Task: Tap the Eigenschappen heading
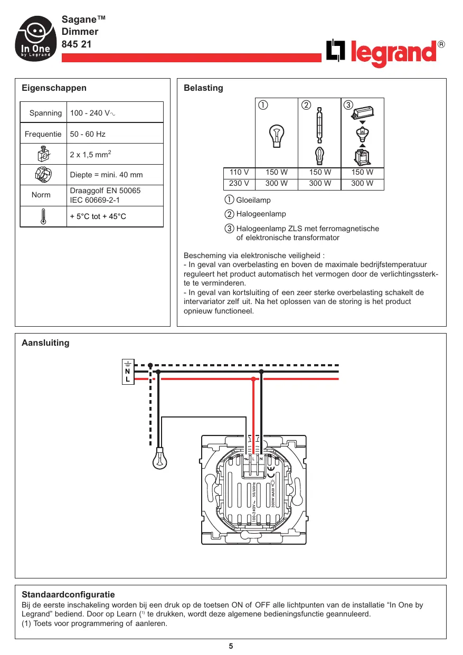pos(54,88)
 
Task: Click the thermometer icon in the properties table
pos(43,217)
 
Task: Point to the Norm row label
pos(41,195)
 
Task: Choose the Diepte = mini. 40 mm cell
pos(106,175)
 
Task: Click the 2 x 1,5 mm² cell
pos(90,155)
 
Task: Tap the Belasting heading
pos(203,88)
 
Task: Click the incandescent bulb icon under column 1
pos(276,137)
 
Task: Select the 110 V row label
pos(239,173)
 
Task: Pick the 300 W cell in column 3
pos(362,184)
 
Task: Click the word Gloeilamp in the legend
pos(253,201)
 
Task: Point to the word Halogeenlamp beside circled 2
pos(261,214)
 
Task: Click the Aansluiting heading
pos(45,343)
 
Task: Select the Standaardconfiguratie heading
pos(68,595)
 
